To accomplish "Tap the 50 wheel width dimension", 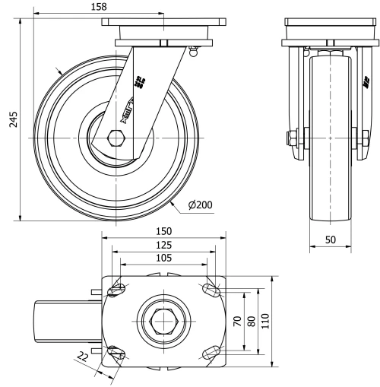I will click(330, 239).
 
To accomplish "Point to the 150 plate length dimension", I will click(163, 231).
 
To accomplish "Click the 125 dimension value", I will click(163, 245).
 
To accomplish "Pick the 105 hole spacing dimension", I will click(163, 259).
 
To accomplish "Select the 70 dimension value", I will click(237, 321).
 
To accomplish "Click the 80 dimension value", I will click(252, 321).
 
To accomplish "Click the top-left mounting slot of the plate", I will click(118, 290).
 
